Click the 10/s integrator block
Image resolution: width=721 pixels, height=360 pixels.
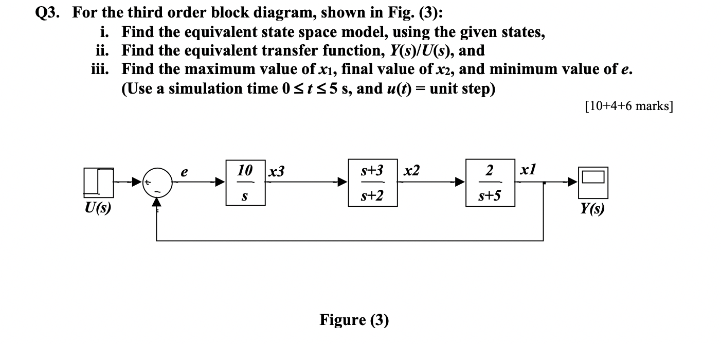pyautogui.click(x=245, y=183)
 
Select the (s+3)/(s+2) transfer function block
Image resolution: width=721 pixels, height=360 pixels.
pyautogui.click(x=372, y=183)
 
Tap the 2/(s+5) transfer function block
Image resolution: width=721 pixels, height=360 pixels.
pyautogui.click(x=490, y=183)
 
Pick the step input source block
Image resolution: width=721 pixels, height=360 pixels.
pyautogui.click(x=98, y=181)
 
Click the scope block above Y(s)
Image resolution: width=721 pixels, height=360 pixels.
pyautogui.click(x=593, y=182)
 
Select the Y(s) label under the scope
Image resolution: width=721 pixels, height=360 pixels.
pyautogui.click(x=592, y=209)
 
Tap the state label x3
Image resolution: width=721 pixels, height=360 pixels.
pyautogui.click(x=276, y=172)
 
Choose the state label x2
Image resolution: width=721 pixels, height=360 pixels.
pyautogui.click(x=411, y=171)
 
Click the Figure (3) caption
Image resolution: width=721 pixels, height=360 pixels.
pyautogui.click(x=354, y=320)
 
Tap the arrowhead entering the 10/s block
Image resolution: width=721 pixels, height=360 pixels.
pyautogui.click(x=220, y=182)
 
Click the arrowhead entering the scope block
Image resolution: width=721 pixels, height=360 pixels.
pyautogui.click(x=572, y=182)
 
